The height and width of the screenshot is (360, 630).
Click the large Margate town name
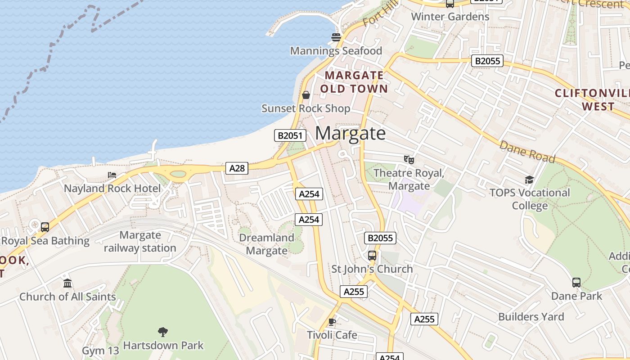pyautogui.click(x=350, y=133)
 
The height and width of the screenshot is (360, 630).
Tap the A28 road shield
pyautogui.click(x=237, y=168)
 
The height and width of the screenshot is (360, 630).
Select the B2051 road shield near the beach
pyautogui.click(x=290, y=135)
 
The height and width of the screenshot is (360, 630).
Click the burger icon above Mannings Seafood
pyautogui.click(x=336, y=37)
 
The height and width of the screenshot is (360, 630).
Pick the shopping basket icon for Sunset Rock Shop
pyautogui.click(x=306, y=95)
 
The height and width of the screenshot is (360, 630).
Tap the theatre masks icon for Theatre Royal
pyautogui.click(x=409, y=159)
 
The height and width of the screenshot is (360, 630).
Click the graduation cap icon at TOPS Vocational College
pyautogui.click(x=529, y=180)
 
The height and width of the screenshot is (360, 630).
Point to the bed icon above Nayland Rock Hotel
pyautogui.click(x=112, y=175)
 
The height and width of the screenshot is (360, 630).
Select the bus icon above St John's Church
pyautogui.click(x=372, y=256)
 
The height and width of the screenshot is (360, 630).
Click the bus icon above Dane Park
pyautogui.click(x=576, y=283)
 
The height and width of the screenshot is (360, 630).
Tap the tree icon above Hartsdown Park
pyautogui.click(x=163, y=332)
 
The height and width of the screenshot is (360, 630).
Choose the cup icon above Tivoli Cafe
pyautogui.click(x=332, y=322)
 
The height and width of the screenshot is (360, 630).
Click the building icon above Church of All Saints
pyautogui.click(x=67, y=283)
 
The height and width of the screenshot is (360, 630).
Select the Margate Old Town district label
pyautogui.click(x=354, y=82)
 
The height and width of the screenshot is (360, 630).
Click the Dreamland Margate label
pyautogui.click(x=266, y=244)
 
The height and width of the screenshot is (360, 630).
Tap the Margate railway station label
pyautogui.click(x=140, y=242)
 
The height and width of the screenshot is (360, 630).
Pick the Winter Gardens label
pyautogui.click(x=450, y=17)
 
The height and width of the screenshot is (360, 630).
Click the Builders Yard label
pyautogui.click(x=531, y=317)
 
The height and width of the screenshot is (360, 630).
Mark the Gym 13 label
pyautogui.click(x=100, y=351)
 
